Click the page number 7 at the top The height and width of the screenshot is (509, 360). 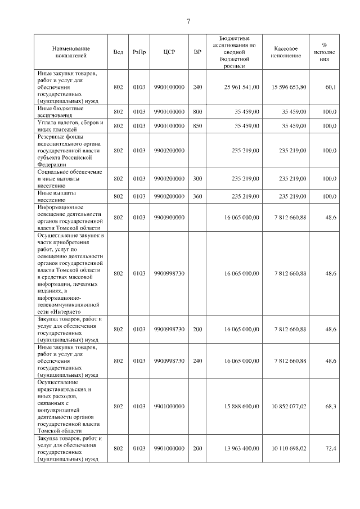[188, 21]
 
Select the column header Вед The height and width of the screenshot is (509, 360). [118, 52]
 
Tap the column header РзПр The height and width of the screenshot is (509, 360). [139, 52]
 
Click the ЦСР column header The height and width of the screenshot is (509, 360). [169, 52]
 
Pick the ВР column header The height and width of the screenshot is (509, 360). [197, 52]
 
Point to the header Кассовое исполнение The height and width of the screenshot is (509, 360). [290, 52]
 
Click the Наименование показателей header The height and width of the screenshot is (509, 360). [70, 52]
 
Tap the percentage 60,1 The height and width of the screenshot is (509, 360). [330, 87]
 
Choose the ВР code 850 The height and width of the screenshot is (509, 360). [197, 126]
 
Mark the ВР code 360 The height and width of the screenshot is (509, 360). [197, 196]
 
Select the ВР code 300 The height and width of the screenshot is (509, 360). [197, 178]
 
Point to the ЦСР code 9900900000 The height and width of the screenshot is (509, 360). [169, 217]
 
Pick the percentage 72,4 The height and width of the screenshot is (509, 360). [330, 448]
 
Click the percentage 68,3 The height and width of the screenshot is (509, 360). [330, 406]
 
